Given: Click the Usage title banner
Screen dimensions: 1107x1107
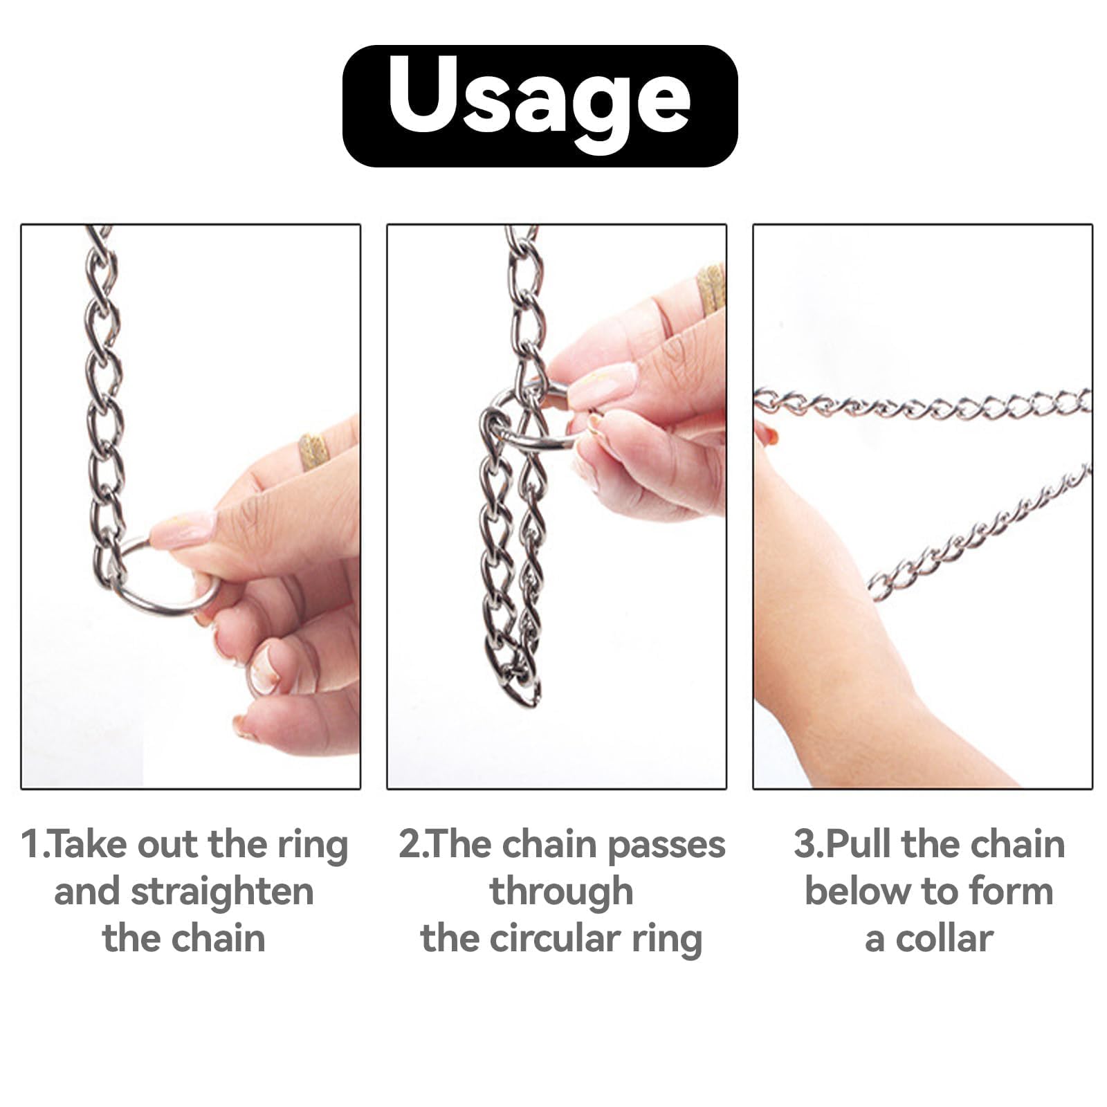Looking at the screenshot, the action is tap(540, 106).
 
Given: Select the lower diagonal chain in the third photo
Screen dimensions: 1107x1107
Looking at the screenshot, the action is tap(979, 533).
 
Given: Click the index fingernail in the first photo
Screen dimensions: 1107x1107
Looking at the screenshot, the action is tap(183, 529).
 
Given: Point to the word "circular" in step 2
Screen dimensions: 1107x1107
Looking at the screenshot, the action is tap(553, 939).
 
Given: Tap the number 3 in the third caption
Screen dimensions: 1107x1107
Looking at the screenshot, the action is tap(805, 845).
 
